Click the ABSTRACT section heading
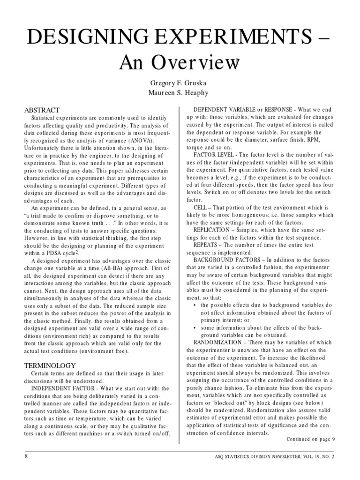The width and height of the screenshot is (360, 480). click(42, 110)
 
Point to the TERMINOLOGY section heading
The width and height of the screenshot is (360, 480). click(49, 365)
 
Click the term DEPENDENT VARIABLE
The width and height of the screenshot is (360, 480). click(227, 110)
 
